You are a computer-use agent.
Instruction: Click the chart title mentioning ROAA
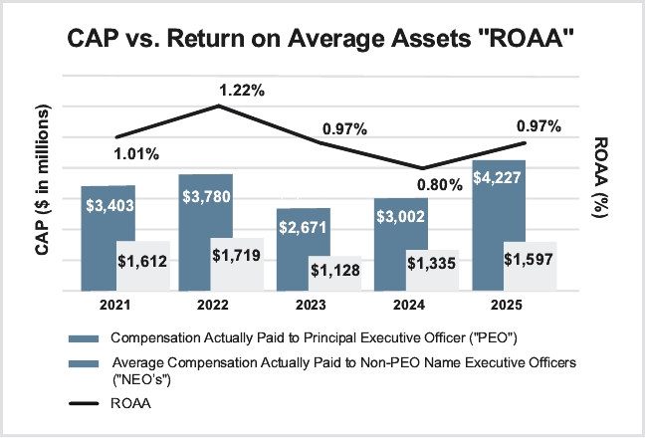(x=322, y=40)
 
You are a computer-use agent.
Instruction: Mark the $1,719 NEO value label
(x=239, y=256)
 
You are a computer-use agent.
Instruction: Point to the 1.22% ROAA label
(x=242, y=91)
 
